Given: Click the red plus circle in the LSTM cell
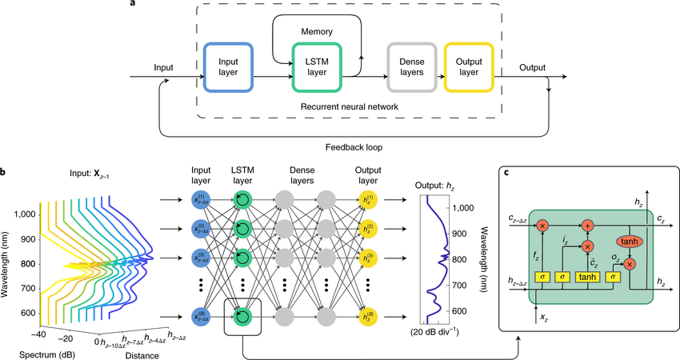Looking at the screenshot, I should click(x=589, y=225).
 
